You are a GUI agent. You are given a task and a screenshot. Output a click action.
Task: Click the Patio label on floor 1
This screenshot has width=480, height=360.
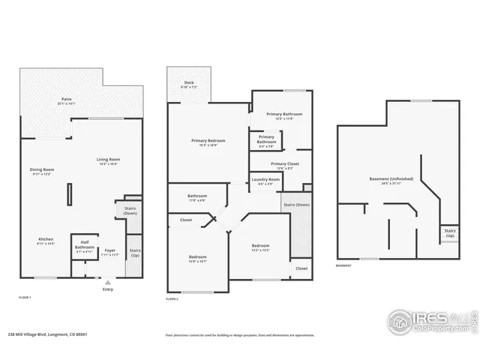(x=67, y=100)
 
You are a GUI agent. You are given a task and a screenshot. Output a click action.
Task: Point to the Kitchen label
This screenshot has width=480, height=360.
(x=46, y=241)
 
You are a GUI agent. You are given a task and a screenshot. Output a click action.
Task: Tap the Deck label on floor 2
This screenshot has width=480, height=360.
(x=189, y=85)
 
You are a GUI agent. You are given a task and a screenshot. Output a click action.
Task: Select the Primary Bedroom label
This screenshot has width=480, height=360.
(x=208, y=142)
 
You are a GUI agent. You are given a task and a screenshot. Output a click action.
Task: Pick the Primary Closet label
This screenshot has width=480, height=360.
(x=284, y=165)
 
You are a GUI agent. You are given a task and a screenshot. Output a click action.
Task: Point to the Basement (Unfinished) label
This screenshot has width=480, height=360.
(x=391, y=181)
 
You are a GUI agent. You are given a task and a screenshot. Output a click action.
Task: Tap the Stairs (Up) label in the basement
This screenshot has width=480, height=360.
(x=449, y=233)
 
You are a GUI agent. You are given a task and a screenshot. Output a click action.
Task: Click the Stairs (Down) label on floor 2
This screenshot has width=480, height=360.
(x=297, y=205)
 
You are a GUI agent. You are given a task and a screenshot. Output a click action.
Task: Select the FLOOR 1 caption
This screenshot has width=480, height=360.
(x=25, y=298)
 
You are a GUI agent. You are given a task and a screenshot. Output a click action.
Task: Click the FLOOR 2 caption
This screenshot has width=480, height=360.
(x=172, y=298)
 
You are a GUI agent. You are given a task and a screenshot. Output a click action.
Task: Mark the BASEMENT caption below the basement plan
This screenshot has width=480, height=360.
(x=343, y=265)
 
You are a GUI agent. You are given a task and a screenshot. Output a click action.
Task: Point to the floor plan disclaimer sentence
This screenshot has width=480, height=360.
(x=240, y=335)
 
